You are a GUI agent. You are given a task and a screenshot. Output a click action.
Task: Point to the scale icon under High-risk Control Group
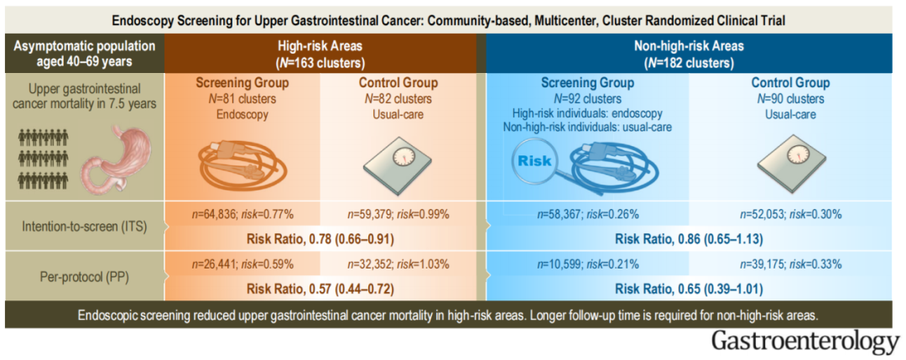(x=398, y=159)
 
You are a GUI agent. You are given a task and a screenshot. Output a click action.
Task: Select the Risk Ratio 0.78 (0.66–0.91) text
(x=321, y=237)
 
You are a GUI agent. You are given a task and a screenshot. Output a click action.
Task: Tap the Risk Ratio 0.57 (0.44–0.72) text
(x=321, y=288)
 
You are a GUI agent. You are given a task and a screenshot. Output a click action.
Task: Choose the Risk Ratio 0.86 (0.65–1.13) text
(x=693, y=237)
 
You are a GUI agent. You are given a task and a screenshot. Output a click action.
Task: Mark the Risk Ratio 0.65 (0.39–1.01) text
(x=693, y=288)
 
